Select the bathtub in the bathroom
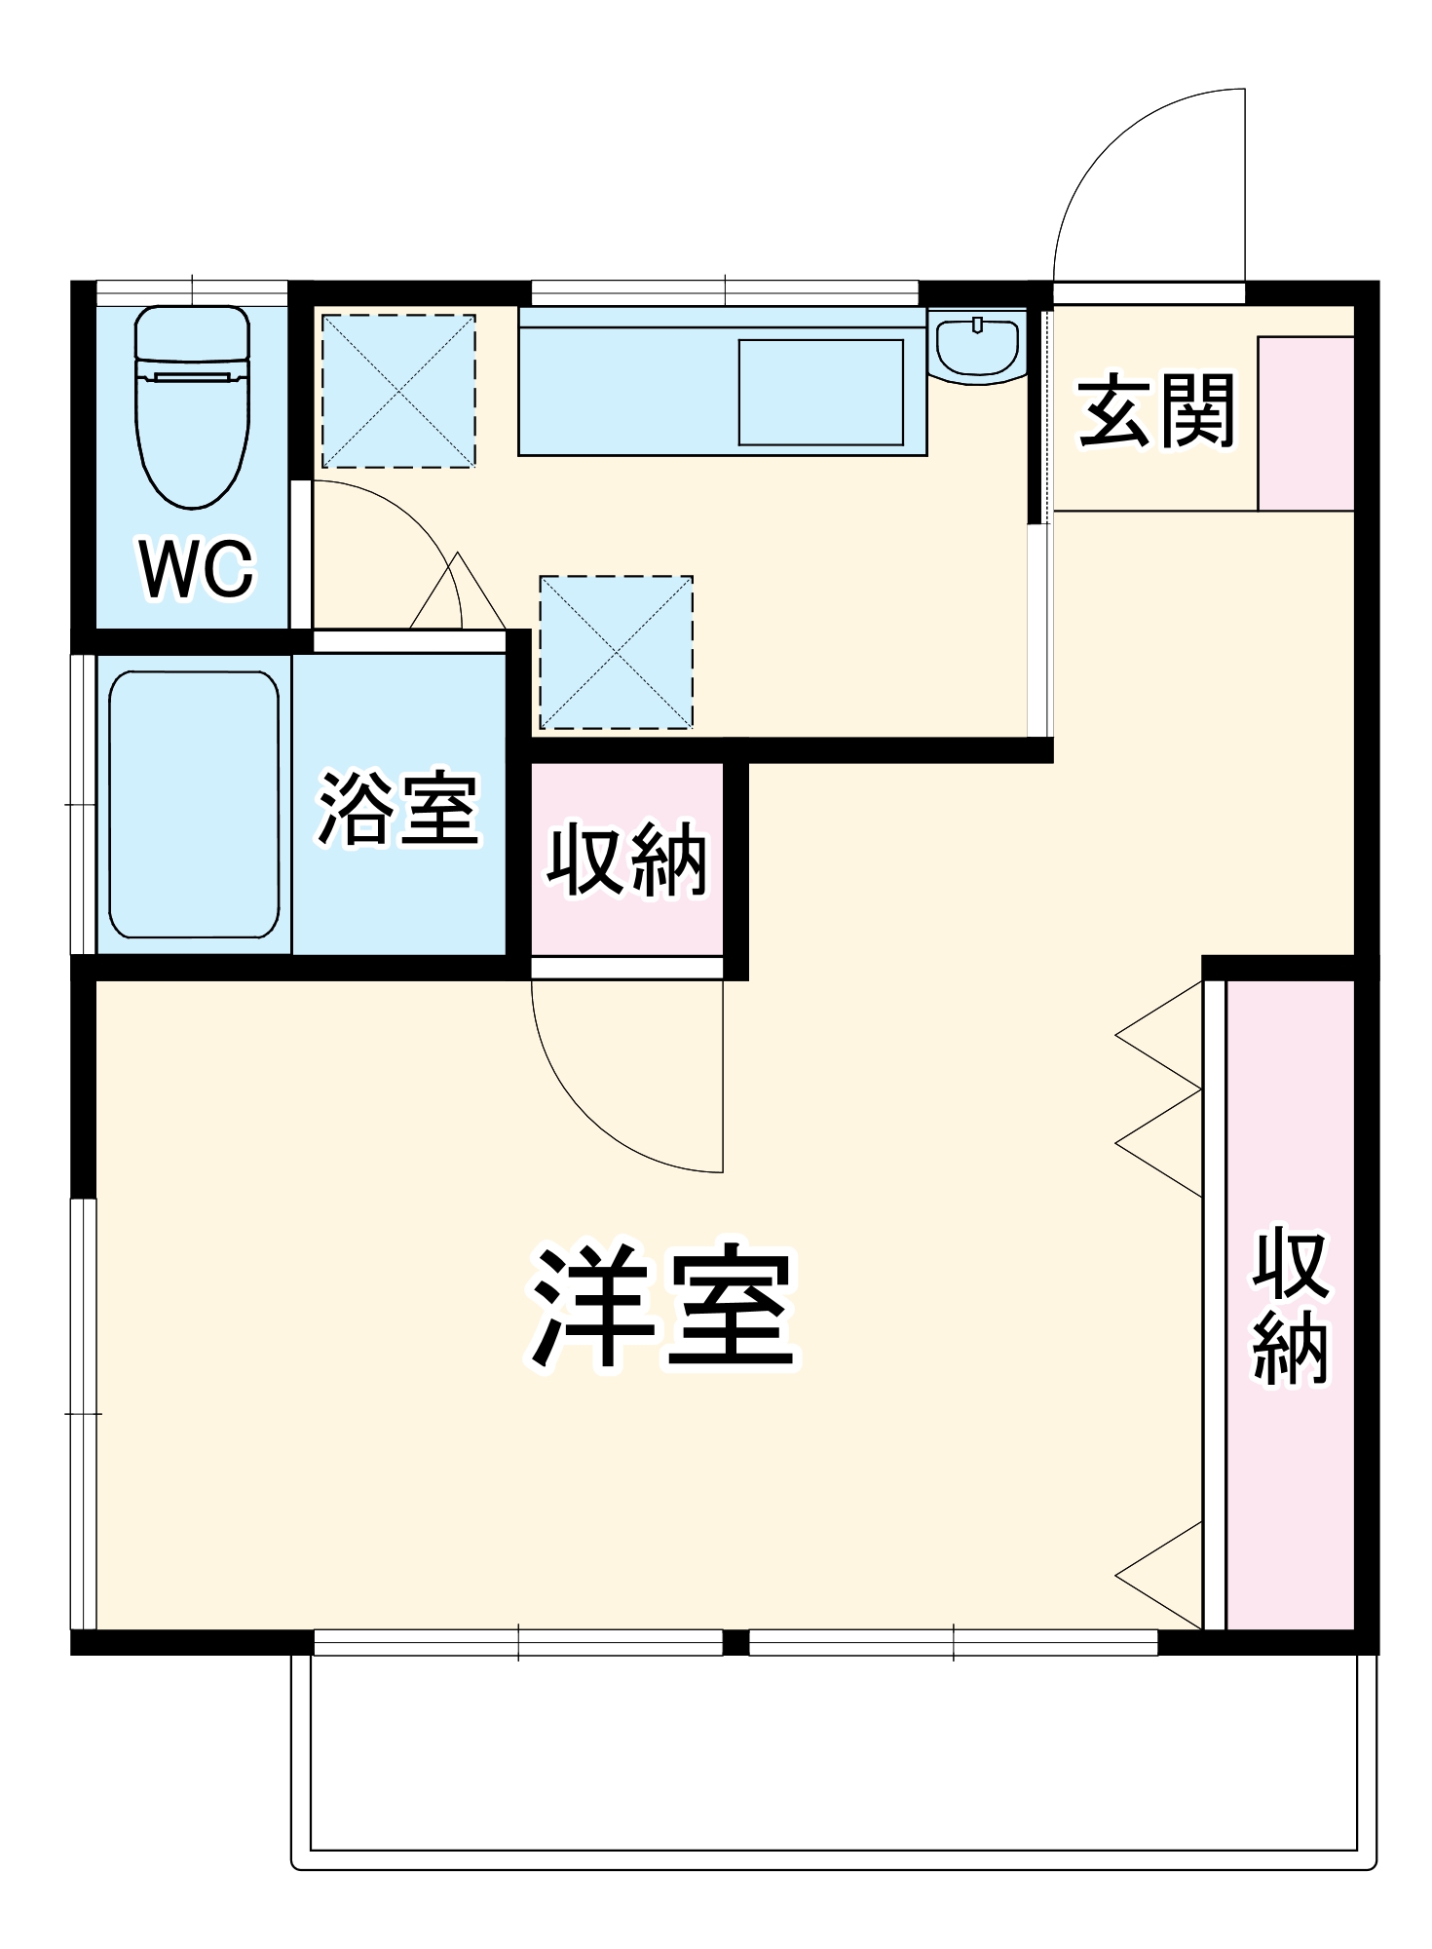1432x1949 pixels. click(194, 804)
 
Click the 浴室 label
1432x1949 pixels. click(398, 809)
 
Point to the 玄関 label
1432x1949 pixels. click(1155, 411)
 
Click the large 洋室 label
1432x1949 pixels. click(662, 1307)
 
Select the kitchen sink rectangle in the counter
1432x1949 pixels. click(820, 392)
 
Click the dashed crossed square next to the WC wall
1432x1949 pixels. click(398, 391)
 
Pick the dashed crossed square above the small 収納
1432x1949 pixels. click(616, 652)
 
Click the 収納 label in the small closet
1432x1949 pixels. click(626, 859)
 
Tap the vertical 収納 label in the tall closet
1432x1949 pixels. click(1290, 1307)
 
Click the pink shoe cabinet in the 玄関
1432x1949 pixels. click(1305, 423)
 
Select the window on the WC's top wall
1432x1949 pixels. click(192, 292)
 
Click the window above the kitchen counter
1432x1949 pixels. click(725, 292)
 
